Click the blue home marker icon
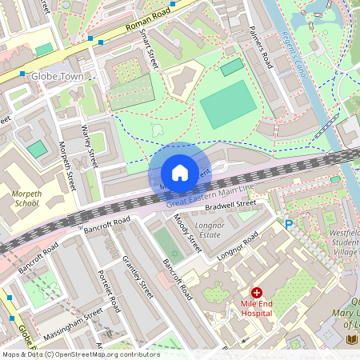tap(179, 173)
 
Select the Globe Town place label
tap(57, 77)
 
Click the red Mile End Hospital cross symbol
tap(257, 294)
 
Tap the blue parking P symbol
tap(290, 226)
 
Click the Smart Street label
tap(147, 50)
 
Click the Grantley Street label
tap(137, 277)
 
